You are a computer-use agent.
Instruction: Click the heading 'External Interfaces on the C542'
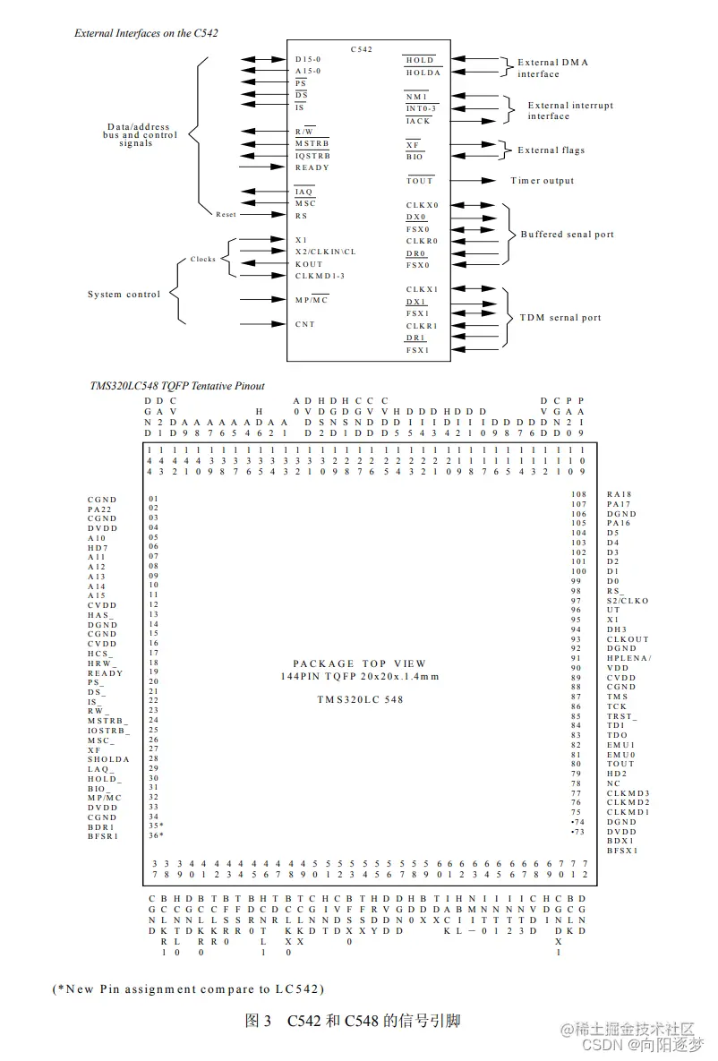146,33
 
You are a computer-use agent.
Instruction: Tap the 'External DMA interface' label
552,68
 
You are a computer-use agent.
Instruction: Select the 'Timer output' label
543,181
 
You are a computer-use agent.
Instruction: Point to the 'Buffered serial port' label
568,235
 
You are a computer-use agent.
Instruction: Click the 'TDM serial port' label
560,318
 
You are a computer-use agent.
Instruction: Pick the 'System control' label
124,294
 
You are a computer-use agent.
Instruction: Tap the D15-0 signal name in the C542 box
309,59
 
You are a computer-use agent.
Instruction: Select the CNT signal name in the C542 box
304,324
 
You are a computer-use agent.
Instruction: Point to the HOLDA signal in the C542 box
423,73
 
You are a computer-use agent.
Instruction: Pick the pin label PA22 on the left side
101,509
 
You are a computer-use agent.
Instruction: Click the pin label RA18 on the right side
619,494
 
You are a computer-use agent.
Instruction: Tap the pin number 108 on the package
579,494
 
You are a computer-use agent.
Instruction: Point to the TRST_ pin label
622,717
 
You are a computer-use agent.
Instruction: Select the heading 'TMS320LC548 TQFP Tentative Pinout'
176,386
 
